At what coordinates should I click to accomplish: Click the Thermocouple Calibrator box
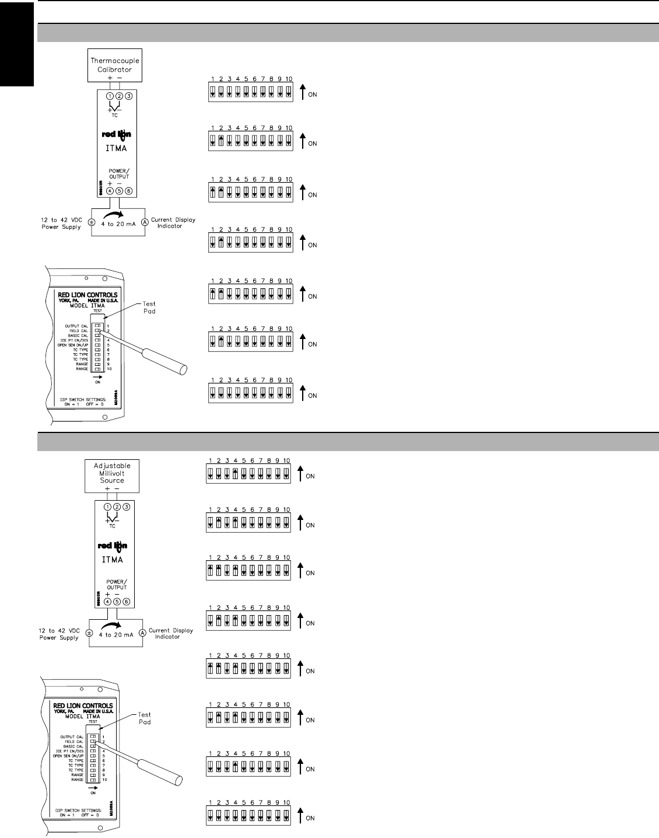point(114,65)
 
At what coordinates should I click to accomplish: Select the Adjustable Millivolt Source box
point(112,473)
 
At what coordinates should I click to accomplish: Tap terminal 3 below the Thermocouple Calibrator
point(129,96)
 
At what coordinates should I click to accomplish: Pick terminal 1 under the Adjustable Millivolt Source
point(107,507)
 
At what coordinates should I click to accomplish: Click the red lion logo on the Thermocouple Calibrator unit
point(117,135)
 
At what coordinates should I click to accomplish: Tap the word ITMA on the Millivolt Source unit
point(113,560)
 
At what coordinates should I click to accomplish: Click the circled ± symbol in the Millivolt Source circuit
point(89,633)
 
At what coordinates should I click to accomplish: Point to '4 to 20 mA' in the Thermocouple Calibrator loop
point(118,224)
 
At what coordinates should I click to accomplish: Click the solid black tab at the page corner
point(16,44)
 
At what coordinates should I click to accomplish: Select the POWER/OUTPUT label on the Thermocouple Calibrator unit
point(119,173)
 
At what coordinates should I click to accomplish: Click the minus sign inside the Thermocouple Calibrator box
point(120,77)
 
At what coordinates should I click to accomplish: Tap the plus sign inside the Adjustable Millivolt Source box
point(107,488)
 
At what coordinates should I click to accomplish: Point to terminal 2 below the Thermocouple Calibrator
point(119,96)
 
